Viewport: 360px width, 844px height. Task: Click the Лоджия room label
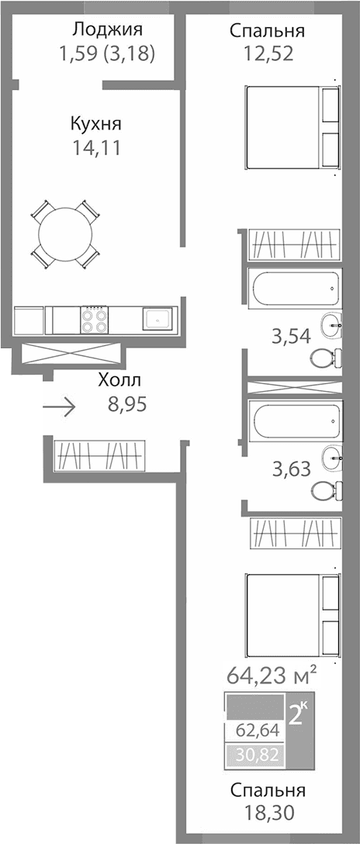coord(107,30)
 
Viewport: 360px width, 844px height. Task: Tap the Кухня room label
coord(95,123)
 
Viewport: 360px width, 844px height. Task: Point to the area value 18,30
coord(267,812)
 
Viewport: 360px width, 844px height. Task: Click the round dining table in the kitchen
coord(65,232)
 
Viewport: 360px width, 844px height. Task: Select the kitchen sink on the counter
coord(158,319)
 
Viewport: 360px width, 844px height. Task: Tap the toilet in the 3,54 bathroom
coord(324,358)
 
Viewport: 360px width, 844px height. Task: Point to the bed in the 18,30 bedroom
coord(292,613)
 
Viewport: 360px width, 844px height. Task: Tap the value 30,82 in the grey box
coord(254,752)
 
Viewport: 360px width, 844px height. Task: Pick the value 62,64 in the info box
coord(254,731)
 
